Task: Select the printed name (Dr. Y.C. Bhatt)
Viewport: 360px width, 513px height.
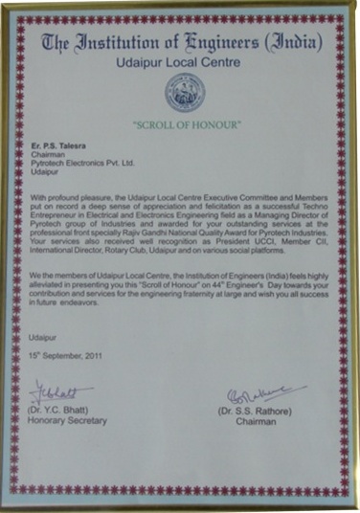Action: [x=64, y=412]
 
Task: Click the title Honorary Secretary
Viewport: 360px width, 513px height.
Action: [x=68, y=420]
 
